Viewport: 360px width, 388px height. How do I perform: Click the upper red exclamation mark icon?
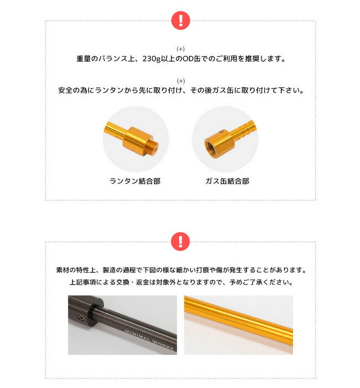181,21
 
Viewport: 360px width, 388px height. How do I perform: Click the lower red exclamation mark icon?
181,241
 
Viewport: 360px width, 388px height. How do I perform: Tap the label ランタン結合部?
135,181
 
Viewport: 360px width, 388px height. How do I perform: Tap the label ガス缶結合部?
227,181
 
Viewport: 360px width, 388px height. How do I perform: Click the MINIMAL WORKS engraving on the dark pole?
150,339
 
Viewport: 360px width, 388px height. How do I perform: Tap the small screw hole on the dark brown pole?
81,317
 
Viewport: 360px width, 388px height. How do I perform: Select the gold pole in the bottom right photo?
239,320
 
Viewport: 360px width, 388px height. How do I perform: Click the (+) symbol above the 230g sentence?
181,49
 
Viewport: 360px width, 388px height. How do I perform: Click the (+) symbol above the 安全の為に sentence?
181,81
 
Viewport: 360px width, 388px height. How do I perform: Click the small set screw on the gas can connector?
222,132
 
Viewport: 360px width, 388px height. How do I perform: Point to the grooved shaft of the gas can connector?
244,129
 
